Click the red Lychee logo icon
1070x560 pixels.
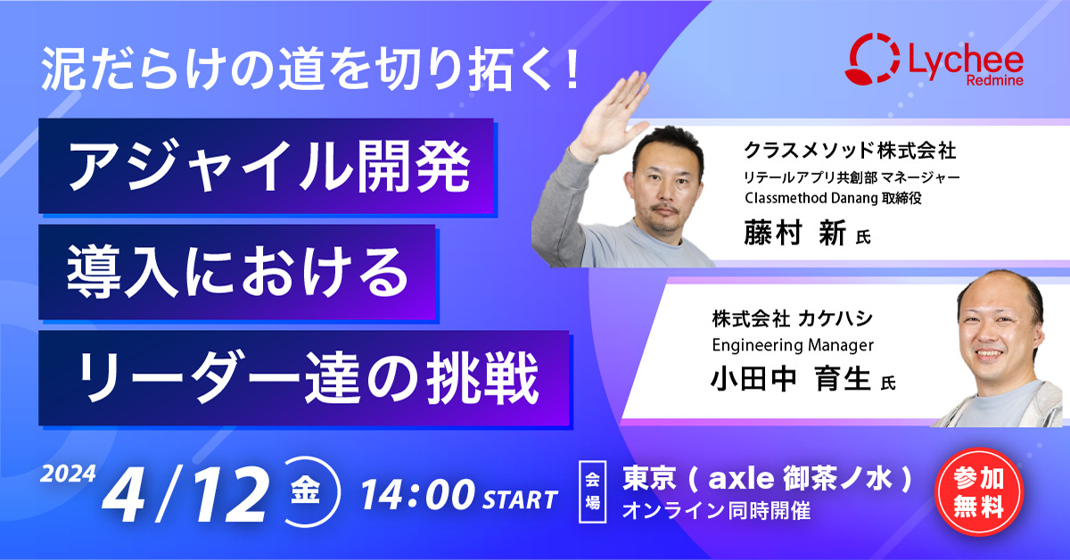pyautogui.click(x=872, y=58)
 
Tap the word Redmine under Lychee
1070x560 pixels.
pyautogui.click(x=994, y=80)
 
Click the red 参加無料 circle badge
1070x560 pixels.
pyautogui.click(x=979, y=492)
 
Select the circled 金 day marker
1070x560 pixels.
pyautogui.click(x=307, y=492)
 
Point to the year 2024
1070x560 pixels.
pyautogui.click(x=68, y=474)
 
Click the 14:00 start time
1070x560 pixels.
pyautogui.click(x=418, y=495)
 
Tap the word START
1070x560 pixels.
pyautogui.click(x=520, y=499)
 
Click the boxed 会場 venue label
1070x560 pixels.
pyautogui.click(x=592, y=491)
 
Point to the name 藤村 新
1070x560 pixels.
pyautogui.click(x=794, y=233)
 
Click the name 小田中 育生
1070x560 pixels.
pyautogui.click(x=791, y=378)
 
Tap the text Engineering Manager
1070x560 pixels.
pyautogui.click(x=793, y=345)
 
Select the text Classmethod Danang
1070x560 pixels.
pyautogui.click(x=811, y=198)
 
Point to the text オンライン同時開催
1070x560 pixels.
pyautogui.click(x=716, y=510)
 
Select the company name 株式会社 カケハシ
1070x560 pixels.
pyautogui.click(x=793, y=318)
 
